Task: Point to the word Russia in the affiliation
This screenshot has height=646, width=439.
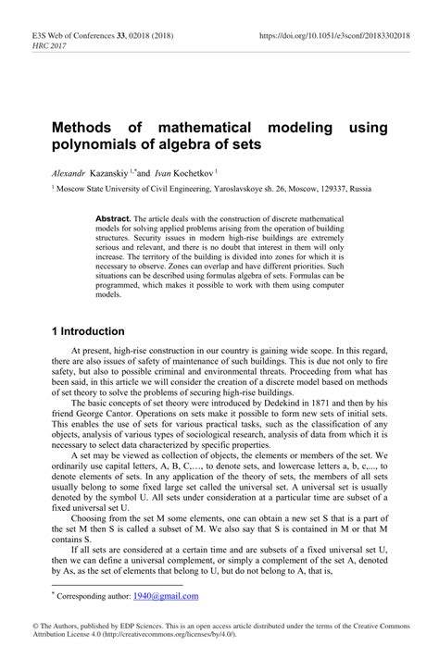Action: tap(360, 188)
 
